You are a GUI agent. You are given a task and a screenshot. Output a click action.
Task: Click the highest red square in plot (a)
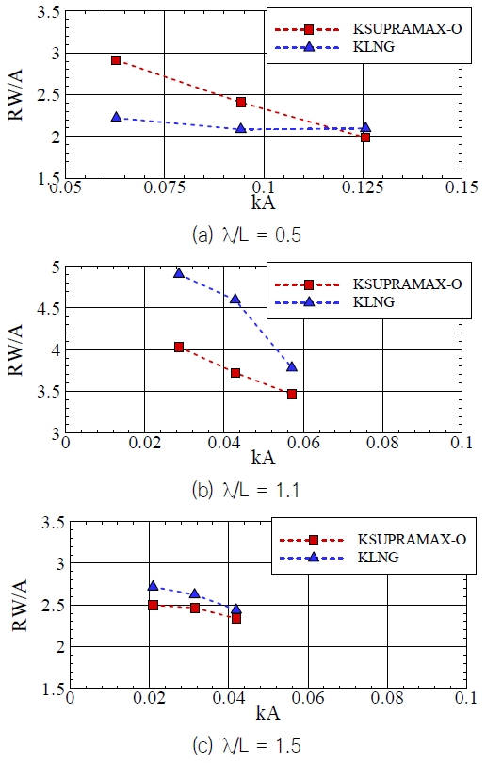coord(116,59)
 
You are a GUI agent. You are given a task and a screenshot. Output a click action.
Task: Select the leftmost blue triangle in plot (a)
coord(116,117)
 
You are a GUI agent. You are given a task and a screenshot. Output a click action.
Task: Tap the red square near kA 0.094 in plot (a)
coord(241,102)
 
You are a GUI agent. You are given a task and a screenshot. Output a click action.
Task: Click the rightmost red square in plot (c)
coord(236,618)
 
